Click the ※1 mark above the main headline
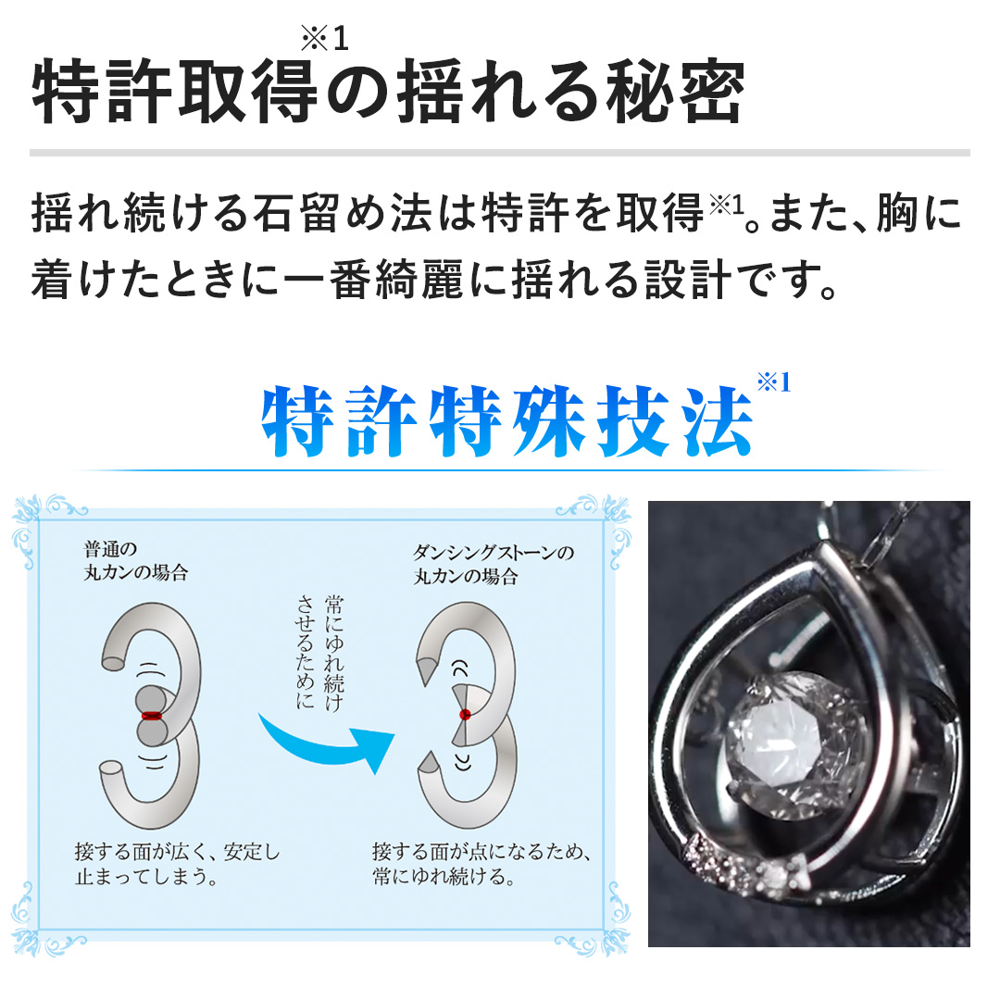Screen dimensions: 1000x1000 325,38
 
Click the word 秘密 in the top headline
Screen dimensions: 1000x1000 675,91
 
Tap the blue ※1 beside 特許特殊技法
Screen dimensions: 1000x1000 773,382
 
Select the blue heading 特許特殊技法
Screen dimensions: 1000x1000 507,421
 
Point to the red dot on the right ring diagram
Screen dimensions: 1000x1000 465,714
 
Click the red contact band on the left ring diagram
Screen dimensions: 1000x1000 152,716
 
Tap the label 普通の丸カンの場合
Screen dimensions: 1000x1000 136,560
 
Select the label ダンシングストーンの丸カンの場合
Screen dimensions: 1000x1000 493,565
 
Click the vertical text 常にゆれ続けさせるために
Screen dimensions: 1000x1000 320,652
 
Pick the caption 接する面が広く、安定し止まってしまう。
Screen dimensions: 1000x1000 177,864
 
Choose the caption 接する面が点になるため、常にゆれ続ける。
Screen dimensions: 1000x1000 481,864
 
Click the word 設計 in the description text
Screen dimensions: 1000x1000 688,280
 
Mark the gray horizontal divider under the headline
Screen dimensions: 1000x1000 500,153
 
